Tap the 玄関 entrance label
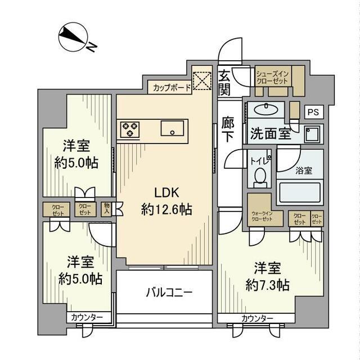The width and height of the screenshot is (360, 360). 224,82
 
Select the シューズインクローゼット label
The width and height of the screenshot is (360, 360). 272,77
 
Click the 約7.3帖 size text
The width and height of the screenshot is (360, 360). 267,285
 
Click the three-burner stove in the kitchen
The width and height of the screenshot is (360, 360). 130,129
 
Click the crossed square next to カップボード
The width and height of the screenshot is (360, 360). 200,82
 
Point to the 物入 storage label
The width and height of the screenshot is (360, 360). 107,209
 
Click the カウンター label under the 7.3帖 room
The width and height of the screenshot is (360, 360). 257,318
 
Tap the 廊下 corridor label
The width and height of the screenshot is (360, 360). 228,129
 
